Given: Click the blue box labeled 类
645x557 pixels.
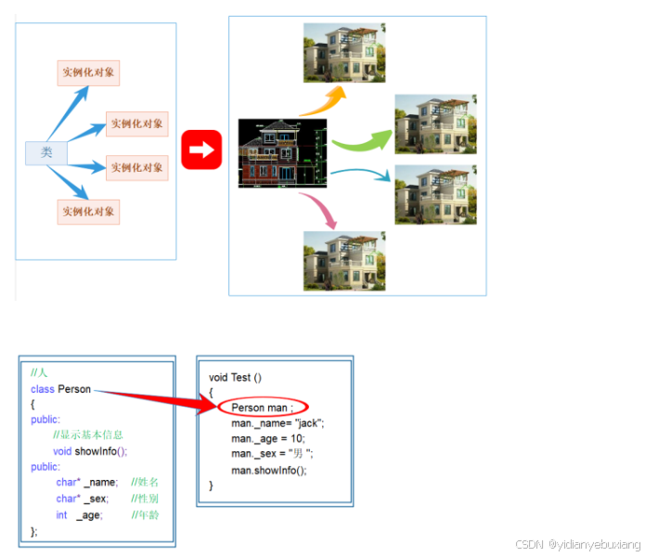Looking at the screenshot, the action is coord(45,152).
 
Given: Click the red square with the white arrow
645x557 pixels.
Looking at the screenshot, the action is coord(202,149).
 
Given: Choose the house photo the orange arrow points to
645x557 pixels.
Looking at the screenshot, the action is coord(344,52).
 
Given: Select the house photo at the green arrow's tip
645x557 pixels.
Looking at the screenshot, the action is coord(434,123).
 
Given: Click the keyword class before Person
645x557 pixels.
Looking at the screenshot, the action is coord(43,389).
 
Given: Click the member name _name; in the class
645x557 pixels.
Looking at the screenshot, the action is coord(100,483).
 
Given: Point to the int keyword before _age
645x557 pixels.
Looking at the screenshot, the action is coord(61,515).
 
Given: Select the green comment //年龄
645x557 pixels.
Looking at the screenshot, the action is coord(146,515).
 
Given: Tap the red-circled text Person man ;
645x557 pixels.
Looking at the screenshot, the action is coord(262,408).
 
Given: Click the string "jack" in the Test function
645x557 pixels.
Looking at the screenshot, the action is coord(307,423).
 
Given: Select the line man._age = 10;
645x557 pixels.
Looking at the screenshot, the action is coord(268,438).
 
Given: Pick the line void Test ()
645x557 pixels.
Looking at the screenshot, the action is coord(235,377).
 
